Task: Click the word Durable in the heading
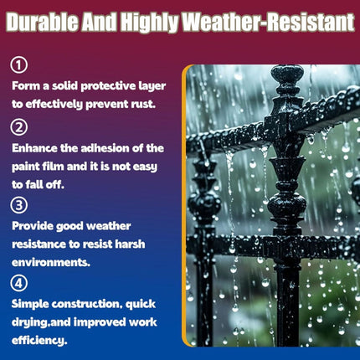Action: coord(43,22)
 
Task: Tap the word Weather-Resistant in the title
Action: coord(269,22)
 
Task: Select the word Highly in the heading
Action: coord(151,23)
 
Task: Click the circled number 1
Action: coord(19,65)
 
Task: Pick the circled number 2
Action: coord(19,127)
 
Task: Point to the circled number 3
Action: coord(19,205)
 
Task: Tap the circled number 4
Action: coord(19,283)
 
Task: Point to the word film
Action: coord(49,167)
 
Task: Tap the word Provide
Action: coord(33,226)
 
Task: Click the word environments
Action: coord(51,263)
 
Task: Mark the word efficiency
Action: coord(39,341)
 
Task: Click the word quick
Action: coord(141,304)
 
